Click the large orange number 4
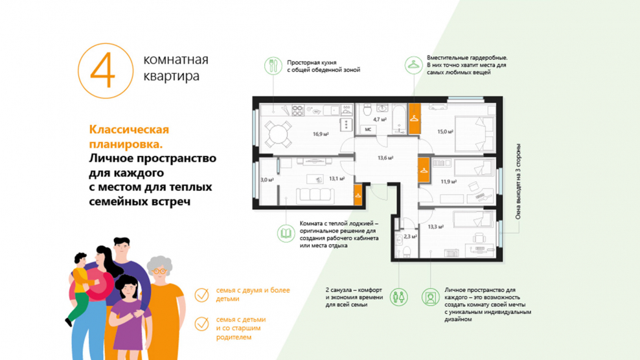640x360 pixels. (x=106, y=70)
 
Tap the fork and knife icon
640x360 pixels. (x=273, y=65)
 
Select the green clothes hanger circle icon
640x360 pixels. (x=413, y=65)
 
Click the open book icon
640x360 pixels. (x=286, y=234)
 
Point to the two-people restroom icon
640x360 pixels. (x=398, y=297)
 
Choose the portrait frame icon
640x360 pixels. (x=430, y=297)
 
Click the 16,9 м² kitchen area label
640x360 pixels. (x=321, y=134)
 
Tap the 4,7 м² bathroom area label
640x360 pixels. (x=380, y=120)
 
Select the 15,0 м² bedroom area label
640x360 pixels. (x=445, y=132)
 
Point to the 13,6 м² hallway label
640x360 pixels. (x=385, y=158)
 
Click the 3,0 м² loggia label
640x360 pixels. (x=267, y=179)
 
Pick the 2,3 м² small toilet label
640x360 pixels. (x=410, y=236)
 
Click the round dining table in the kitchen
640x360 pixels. (x=278, y=134)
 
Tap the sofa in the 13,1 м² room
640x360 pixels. (x=315, y=196)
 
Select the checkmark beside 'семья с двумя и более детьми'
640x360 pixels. (x=201, y=295)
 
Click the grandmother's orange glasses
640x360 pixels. (x=159, y=271)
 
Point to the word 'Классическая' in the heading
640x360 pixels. (x=129, y=129)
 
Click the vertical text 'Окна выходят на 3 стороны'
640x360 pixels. (x=518, y=181)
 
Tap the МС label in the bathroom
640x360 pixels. (x=368, y=129)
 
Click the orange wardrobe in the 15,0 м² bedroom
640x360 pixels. (x=415, y=118)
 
